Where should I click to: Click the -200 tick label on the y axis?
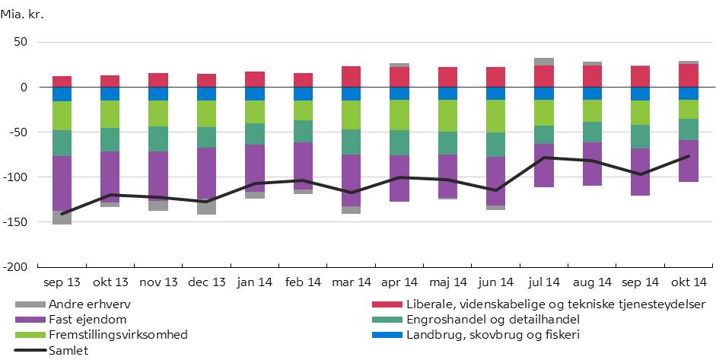14,267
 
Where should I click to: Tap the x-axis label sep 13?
62,283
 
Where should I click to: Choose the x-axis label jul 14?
543,283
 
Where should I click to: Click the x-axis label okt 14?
689,283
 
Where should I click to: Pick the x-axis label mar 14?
351,283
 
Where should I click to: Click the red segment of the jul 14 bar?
543,76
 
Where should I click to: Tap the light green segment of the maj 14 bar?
447,116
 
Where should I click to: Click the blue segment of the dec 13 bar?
206,94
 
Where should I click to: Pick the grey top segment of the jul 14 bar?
543,62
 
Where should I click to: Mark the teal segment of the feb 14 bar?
303,131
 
